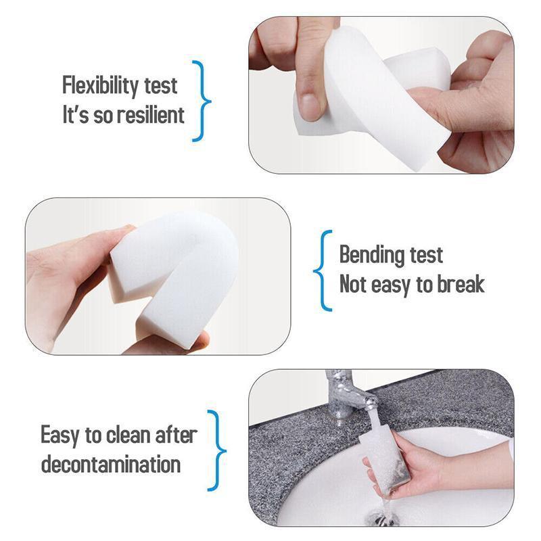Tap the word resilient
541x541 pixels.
(x=150, y=114)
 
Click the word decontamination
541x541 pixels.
(x=111, y=465)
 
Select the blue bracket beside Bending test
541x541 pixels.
(x=323, y=270)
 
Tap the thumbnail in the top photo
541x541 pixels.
(x=310, y=105)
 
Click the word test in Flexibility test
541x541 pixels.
(x=160, y=86)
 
